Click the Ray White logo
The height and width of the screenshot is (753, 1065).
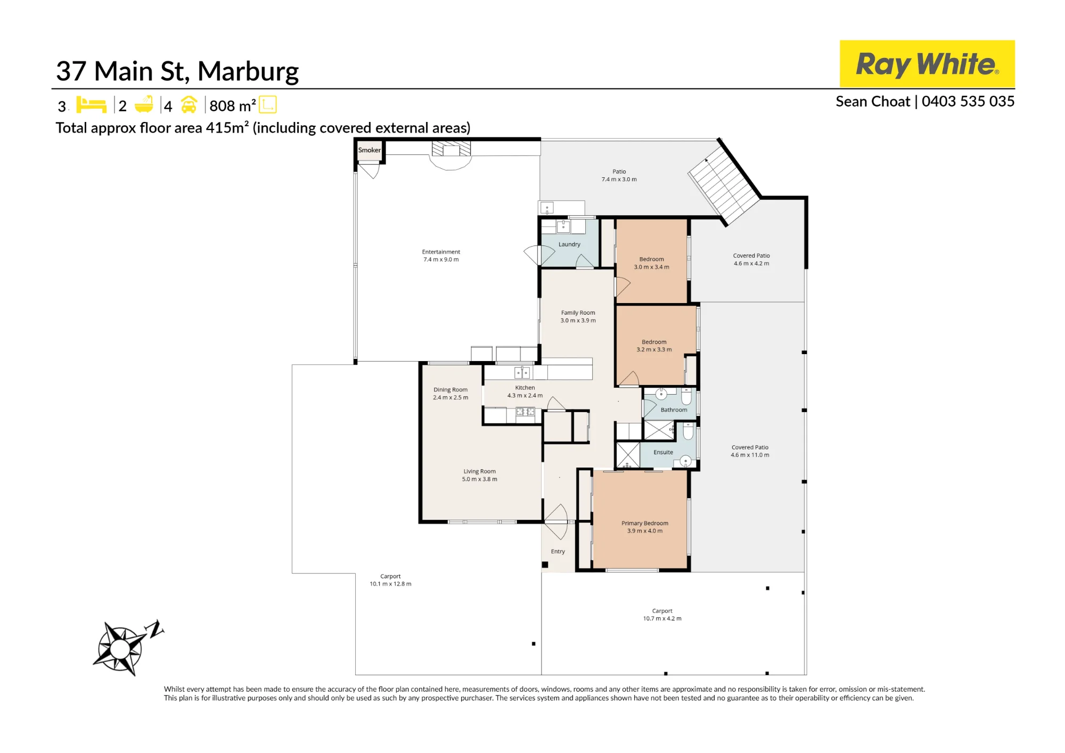coord(927,63)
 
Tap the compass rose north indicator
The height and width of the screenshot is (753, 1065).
coord(128,647)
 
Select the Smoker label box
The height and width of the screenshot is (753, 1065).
coord(369,150)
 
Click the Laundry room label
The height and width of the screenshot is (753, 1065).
coord(569,244)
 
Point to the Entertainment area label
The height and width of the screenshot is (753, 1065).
coord(441,252)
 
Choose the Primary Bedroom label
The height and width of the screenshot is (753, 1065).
coord(645,523)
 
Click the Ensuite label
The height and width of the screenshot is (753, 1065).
coord(663,452)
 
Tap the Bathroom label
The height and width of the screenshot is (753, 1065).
coord(674,410)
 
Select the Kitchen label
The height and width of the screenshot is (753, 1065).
coord(525,388)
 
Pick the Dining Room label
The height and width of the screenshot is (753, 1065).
coord(450,390)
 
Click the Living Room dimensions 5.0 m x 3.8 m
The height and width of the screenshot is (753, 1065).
coord(480,479)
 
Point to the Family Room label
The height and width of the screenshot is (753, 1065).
coord(578,313)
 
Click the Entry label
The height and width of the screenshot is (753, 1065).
coord(558,552)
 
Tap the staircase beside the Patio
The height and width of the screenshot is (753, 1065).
coord(724,184)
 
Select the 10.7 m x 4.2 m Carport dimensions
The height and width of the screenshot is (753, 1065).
coord(662,619)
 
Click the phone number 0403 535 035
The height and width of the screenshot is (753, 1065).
coord(968,102)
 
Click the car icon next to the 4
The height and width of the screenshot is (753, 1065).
coord(189,104)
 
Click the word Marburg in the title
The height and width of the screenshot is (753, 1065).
coord(248,72)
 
